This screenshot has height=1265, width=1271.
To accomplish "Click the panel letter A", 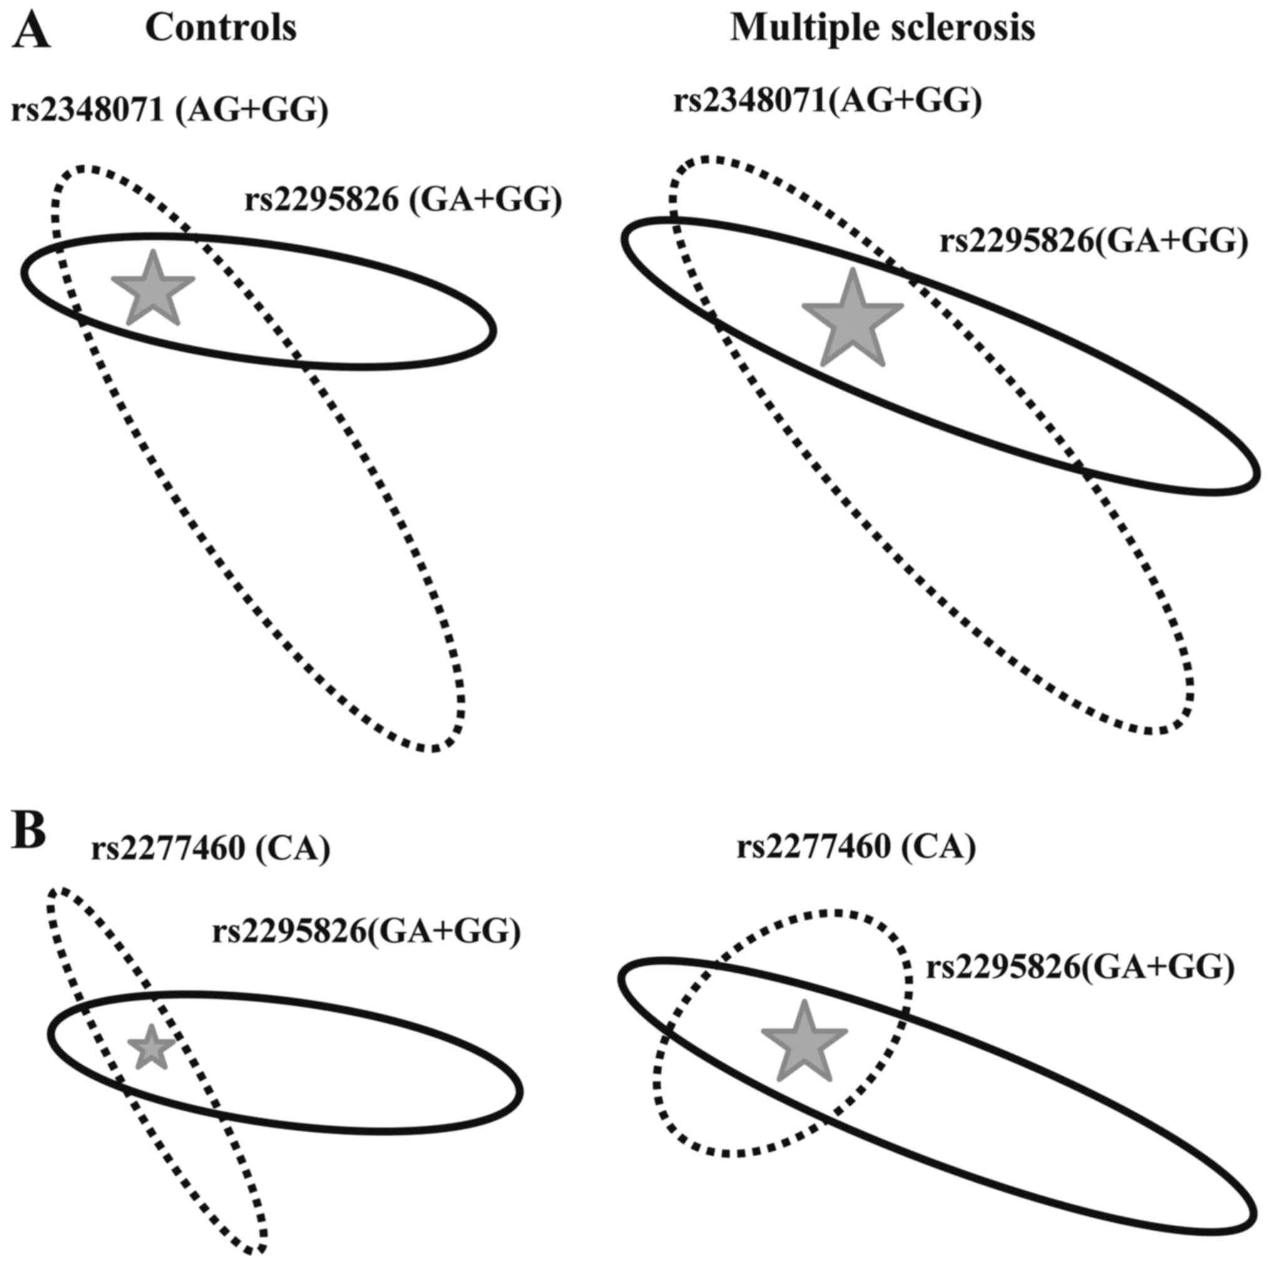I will tap(31, 31).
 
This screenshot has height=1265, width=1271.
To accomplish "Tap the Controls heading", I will tap(220, 28).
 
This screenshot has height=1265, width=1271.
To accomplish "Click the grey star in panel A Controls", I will tap(153, 290).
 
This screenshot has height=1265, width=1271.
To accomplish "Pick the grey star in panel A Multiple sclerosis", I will tap(852, 320).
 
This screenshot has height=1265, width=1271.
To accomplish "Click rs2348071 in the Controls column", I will tap(87, 111).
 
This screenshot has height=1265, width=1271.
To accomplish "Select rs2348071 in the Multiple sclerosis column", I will tap(749, 102).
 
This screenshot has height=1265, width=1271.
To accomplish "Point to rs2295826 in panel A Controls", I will tap(322, 200).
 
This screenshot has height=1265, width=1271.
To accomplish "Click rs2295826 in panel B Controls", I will tap(288, 931).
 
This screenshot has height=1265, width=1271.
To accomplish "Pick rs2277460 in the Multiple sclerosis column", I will tap(813, 848).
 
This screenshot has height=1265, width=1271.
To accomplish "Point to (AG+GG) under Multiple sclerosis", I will tap(904, 102).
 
